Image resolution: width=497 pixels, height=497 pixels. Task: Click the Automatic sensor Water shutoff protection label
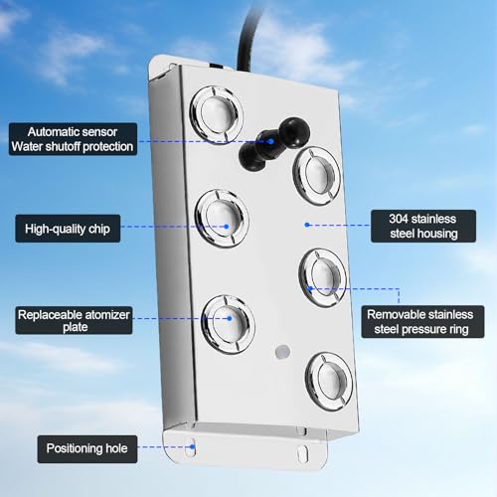[x=73, y=139]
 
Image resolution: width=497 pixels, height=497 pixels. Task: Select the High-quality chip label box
[x=68, y=229]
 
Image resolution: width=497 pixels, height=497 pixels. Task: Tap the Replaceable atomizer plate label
[x=74, y=320]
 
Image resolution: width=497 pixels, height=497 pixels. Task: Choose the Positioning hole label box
[x=87, y=448]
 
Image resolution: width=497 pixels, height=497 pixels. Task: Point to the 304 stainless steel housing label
[x=423, y=226]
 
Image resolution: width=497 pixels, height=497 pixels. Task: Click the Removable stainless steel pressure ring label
[x=422, y=322]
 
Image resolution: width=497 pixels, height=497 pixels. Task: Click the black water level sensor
[x=273, y=143]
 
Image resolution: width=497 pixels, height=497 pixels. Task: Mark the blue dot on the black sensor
[x=270, y=141]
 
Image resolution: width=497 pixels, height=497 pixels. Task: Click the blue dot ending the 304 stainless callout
[x=307, y=225]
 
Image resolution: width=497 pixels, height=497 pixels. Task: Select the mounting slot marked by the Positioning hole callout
[x=192, y=447]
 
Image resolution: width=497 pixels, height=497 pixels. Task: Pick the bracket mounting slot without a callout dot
[x=303, y=452]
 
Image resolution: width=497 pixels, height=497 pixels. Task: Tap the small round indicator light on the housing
[x=282, y=352]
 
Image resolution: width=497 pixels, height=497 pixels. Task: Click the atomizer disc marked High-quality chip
[x=222, y=219]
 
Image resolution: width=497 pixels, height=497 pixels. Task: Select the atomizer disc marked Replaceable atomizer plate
[x=229, y=324]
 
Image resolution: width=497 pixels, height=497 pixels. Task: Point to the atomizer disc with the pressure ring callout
[x=323, y=277]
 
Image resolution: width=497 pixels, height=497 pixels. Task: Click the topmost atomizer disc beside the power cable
[x=217, y=114]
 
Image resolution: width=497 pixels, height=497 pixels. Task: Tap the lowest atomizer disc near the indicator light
[x=329, y=382]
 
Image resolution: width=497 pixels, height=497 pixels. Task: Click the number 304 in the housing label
[x=399, y=219]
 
